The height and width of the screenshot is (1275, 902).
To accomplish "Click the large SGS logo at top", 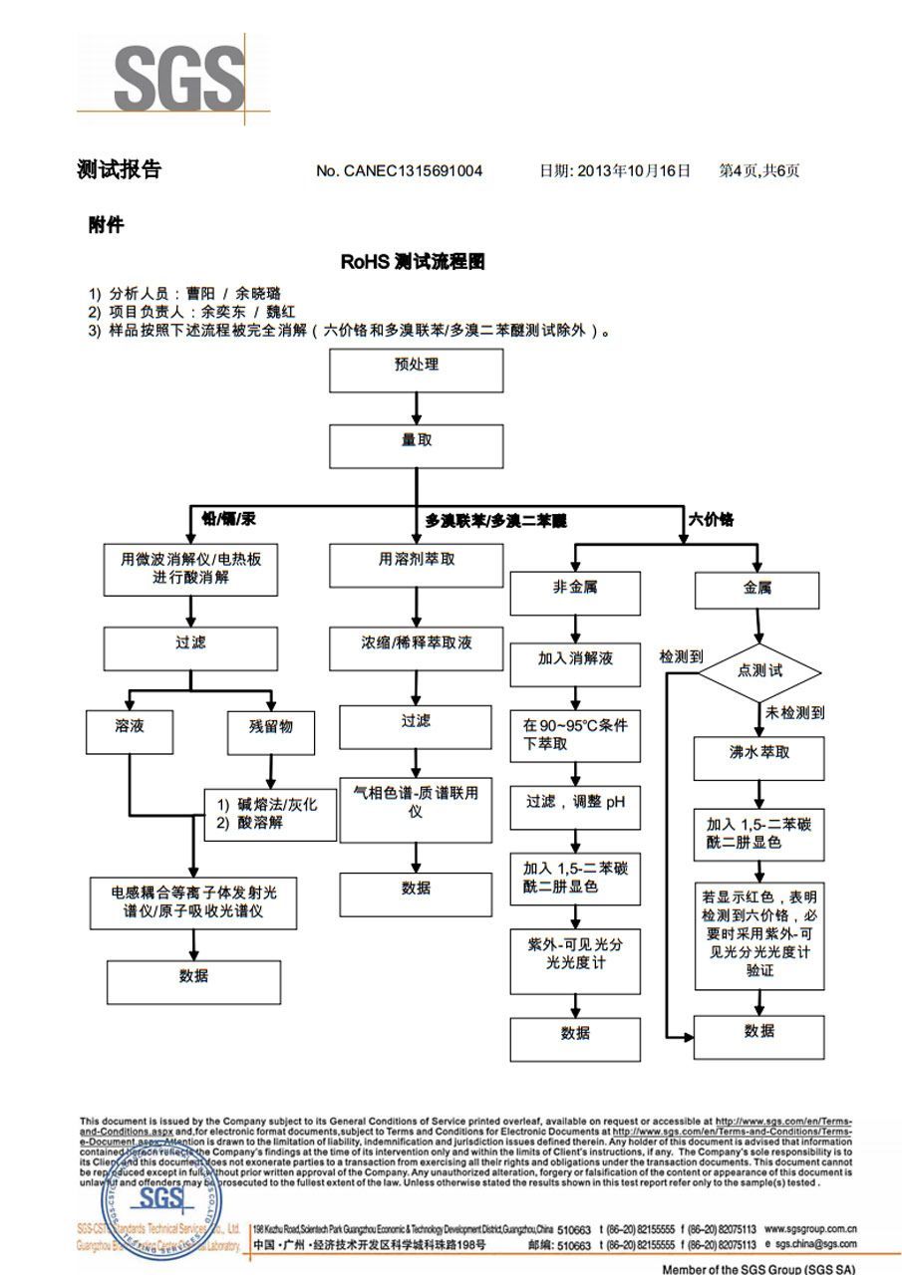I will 177,76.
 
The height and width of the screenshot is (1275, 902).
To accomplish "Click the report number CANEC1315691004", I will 399,170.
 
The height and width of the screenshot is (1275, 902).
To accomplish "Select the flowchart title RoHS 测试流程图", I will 413,262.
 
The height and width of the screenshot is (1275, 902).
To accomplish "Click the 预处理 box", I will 417,371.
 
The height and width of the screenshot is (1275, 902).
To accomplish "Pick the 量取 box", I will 417,446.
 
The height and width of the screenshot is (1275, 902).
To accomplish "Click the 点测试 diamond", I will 759,671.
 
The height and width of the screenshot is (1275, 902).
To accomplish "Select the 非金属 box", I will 575,594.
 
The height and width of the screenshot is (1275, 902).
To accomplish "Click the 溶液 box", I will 130,733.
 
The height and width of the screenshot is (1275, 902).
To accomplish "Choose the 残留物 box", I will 270,733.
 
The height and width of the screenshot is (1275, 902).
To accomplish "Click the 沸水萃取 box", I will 758,759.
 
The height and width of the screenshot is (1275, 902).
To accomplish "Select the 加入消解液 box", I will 575,664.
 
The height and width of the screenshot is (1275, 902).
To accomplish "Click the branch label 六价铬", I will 711,519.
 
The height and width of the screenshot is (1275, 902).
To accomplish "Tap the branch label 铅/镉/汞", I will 229,519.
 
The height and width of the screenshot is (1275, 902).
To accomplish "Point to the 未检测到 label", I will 794,713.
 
